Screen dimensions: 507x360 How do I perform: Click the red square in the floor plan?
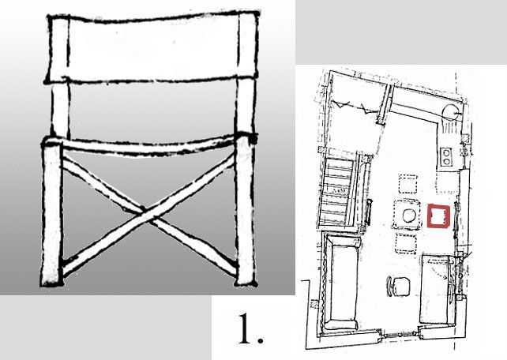coord(428,216)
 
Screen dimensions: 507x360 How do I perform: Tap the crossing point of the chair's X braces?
coord(146,216)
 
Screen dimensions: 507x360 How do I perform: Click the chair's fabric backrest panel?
coord(152,47)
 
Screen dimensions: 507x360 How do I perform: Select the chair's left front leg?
coord(52,213)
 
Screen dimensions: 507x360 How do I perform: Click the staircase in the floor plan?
coord(337,191)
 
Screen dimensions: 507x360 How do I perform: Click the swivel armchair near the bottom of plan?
coord(398,287)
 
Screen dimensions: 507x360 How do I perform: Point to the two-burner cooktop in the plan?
coord(446,156)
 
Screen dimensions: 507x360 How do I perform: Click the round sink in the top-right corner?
coord(450,113)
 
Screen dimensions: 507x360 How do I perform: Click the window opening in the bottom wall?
coord(399,335)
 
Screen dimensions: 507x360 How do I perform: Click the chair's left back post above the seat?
coord(61,109)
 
